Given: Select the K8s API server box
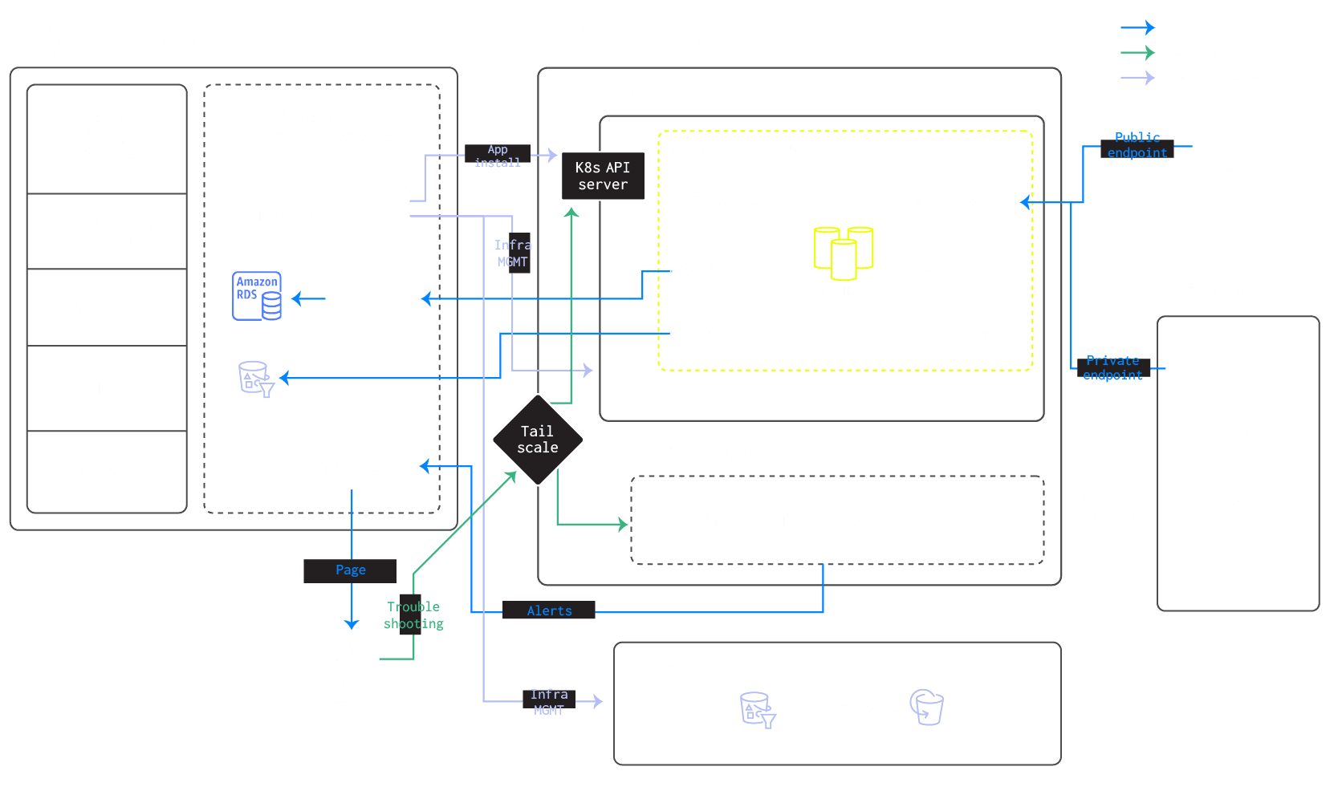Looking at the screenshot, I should pyautogui.click(x=603, y=176).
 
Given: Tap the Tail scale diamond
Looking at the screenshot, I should pyautogui.click(x=537, y=440).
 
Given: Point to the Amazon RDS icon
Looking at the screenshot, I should pyautogui.click(x=257, y=296).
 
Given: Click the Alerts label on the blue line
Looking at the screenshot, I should pyautogui.click(x=549, y=610).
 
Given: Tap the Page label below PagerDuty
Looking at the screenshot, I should pyautogui.click(x=350, y=570).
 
